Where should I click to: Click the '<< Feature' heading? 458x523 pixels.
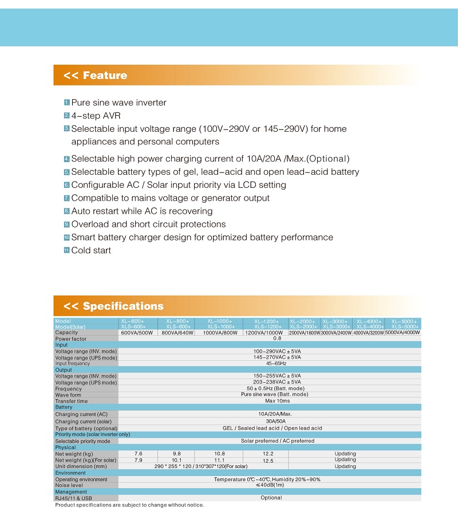96,76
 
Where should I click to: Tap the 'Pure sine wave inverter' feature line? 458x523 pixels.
119,103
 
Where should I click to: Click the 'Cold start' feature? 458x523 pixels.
91,250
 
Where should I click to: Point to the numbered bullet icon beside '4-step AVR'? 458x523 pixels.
66,116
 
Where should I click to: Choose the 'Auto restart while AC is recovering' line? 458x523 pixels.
141,211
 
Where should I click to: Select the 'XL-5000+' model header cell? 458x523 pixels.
404,321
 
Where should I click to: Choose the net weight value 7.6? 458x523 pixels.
138,454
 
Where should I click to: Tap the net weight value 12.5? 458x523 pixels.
268,461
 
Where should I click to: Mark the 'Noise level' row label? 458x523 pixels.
69,485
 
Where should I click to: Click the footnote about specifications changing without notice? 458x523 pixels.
129,505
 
